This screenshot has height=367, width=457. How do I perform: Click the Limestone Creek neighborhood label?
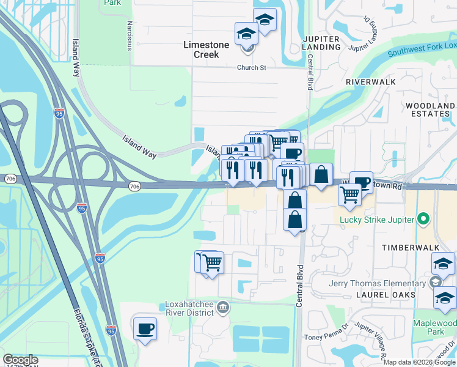click(x=207, y=50)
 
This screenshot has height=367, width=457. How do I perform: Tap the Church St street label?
click(x=252, y=68)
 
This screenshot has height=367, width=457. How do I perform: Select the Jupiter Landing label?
click(x=321, y=43)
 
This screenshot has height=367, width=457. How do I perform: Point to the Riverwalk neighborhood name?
click(x=370, y=81)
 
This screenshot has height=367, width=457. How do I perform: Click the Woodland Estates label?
click(x=431, y=110)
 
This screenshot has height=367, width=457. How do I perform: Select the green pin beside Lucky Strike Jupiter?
click(x=422, y=220)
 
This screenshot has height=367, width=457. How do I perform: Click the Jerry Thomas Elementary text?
click(x=376, y=283)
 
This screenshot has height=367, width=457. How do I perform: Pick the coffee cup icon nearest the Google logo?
click(x=145, y=330)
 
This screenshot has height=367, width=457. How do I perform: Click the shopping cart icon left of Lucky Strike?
click(x=349, y=194)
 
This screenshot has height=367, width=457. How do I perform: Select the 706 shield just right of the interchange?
click(x=136, y=186)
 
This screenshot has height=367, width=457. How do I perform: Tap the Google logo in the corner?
click(x=20, y=360)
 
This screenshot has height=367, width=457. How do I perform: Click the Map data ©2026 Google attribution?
click(x=419, y=362)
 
